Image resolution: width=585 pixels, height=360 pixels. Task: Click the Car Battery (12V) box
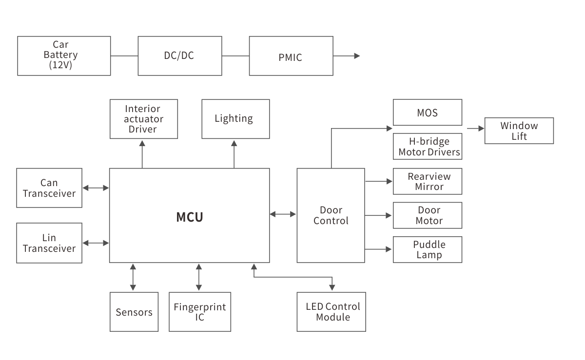click(64, 56)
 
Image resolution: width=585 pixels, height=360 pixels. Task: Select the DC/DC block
click(179, 56)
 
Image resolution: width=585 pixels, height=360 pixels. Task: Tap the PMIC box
click(291, 56)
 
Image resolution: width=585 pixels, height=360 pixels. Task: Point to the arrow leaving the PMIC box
click(347, 56)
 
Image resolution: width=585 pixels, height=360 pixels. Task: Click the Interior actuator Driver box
click(143, 119)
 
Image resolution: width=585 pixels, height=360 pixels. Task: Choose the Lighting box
click(235, 119)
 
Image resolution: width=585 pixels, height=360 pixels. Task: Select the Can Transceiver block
click(49, 188)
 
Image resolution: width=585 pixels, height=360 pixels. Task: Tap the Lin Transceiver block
click(49, 243)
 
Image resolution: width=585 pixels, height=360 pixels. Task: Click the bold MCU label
click(189, 217)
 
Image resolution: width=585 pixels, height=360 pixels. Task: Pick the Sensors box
click(134, 312)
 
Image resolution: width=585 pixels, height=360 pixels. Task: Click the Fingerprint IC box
click(200, 312)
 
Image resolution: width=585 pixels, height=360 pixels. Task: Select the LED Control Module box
click(331, 312)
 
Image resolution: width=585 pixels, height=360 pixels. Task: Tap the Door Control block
click(331, 215)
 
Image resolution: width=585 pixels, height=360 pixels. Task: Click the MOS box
click(427, 113)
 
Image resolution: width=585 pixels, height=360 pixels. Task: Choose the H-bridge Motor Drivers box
click(427, 147)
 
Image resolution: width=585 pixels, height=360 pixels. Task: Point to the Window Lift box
click(519, 131)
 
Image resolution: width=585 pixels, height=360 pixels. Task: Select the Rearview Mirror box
click(427, 181)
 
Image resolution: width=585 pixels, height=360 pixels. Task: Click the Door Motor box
click(427, 215)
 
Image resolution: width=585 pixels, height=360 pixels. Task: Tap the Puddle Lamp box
click(427, 249)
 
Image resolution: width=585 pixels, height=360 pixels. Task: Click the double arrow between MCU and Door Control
click(283, 214)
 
